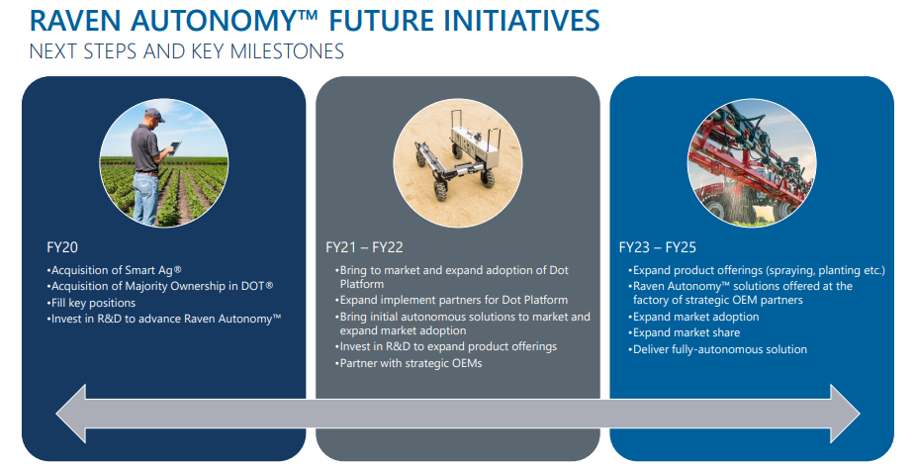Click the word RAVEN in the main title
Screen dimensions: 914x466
click(x=76, y=21)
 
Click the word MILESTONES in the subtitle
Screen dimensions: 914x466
click(x=288, y=51)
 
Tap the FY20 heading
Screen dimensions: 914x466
click(x=61, y=247)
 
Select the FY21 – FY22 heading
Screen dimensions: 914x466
click(x=364, y=247)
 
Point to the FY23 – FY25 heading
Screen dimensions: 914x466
click(x=658, y=247)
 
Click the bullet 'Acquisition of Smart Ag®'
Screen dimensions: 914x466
click(x=115, y=271)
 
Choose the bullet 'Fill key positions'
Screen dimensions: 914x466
click(x=91, y=304)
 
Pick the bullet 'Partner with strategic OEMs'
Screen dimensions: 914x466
click(x=409, y=363)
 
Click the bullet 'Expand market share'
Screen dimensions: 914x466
click(x=685, y=332)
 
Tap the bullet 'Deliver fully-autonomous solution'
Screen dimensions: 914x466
click(x=717, y=349)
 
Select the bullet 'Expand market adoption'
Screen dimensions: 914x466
click(x=693, y=317)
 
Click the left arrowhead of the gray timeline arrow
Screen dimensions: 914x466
click(x=71, y=413)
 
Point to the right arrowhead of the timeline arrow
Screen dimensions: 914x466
click(x=845, y=413)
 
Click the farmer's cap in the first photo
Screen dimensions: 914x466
click(x=155, y=114)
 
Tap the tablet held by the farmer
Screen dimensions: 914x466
click(x=174, y=145)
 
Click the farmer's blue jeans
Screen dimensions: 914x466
click(x=145, y=198)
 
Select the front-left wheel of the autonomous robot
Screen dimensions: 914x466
click(x=440, y=189)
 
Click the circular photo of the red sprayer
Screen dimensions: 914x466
click(x=752, y=162)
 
